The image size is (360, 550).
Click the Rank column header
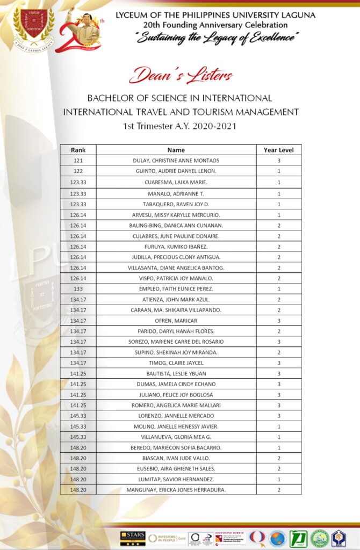[78, 150]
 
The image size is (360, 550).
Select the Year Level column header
[278, 150]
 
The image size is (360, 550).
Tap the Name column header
[176, 150]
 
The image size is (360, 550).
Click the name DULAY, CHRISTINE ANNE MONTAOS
[176, 161]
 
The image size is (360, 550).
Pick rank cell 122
[78, 171]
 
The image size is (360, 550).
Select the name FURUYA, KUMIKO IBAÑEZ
[176, 247]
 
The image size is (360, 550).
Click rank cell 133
[78, 289]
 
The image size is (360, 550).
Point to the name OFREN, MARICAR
[176, 321]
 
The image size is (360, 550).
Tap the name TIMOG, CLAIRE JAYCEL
[176, 363]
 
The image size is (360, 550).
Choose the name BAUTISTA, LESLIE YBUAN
[176, 373]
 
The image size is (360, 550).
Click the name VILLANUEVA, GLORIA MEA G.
[176, 437]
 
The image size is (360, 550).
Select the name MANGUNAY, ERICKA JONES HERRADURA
[176, 490]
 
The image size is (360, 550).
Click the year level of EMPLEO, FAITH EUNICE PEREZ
[278, 289]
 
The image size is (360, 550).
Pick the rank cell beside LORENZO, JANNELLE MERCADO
[78, 416]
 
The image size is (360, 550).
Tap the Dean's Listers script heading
[180, 76]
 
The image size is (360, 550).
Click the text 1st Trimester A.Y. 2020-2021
[180, 126]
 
